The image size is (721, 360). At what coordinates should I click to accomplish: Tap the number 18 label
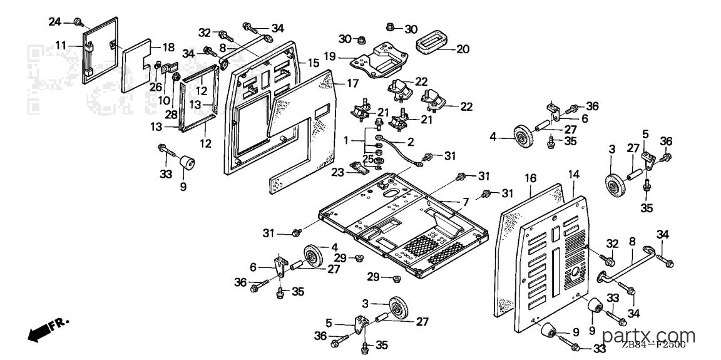(x=169, y=48)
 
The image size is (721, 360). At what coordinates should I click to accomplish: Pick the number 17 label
(x=352, y=84)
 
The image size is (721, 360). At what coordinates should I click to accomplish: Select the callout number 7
(x=466, y=202)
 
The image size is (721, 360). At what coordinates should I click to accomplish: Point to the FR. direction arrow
(x=48, y=330)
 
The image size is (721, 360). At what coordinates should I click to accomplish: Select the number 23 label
(x=337, y=172)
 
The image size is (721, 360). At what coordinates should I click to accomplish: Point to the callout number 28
(x=172, y=115)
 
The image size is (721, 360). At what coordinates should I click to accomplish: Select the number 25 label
(x=368, y=159)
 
